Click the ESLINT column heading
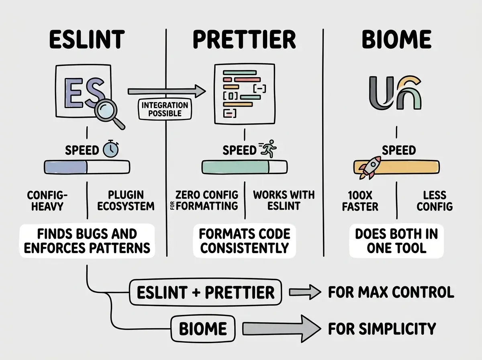click(87, 39)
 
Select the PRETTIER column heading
click(244, 39)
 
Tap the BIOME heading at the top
click(396, 39)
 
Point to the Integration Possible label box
click(165, 109)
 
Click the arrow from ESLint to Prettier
click(167, 91)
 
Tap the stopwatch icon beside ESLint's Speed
click(111, 149)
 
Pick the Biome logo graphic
click(395, 93)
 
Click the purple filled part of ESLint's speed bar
click(65, 167)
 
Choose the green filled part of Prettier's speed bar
click(235, 167)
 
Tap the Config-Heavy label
click(47, 200)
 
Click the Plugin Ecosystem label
click(126, 200)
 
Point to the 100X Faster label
click(360, 201)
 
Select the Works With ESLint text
click(284, 200)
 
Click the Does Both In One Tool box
click(396, 241)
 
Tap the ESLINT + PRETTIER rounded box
click(206, 292)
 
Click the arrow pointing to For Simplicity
click(282, 329)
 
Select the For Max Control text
click(391, 292)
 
